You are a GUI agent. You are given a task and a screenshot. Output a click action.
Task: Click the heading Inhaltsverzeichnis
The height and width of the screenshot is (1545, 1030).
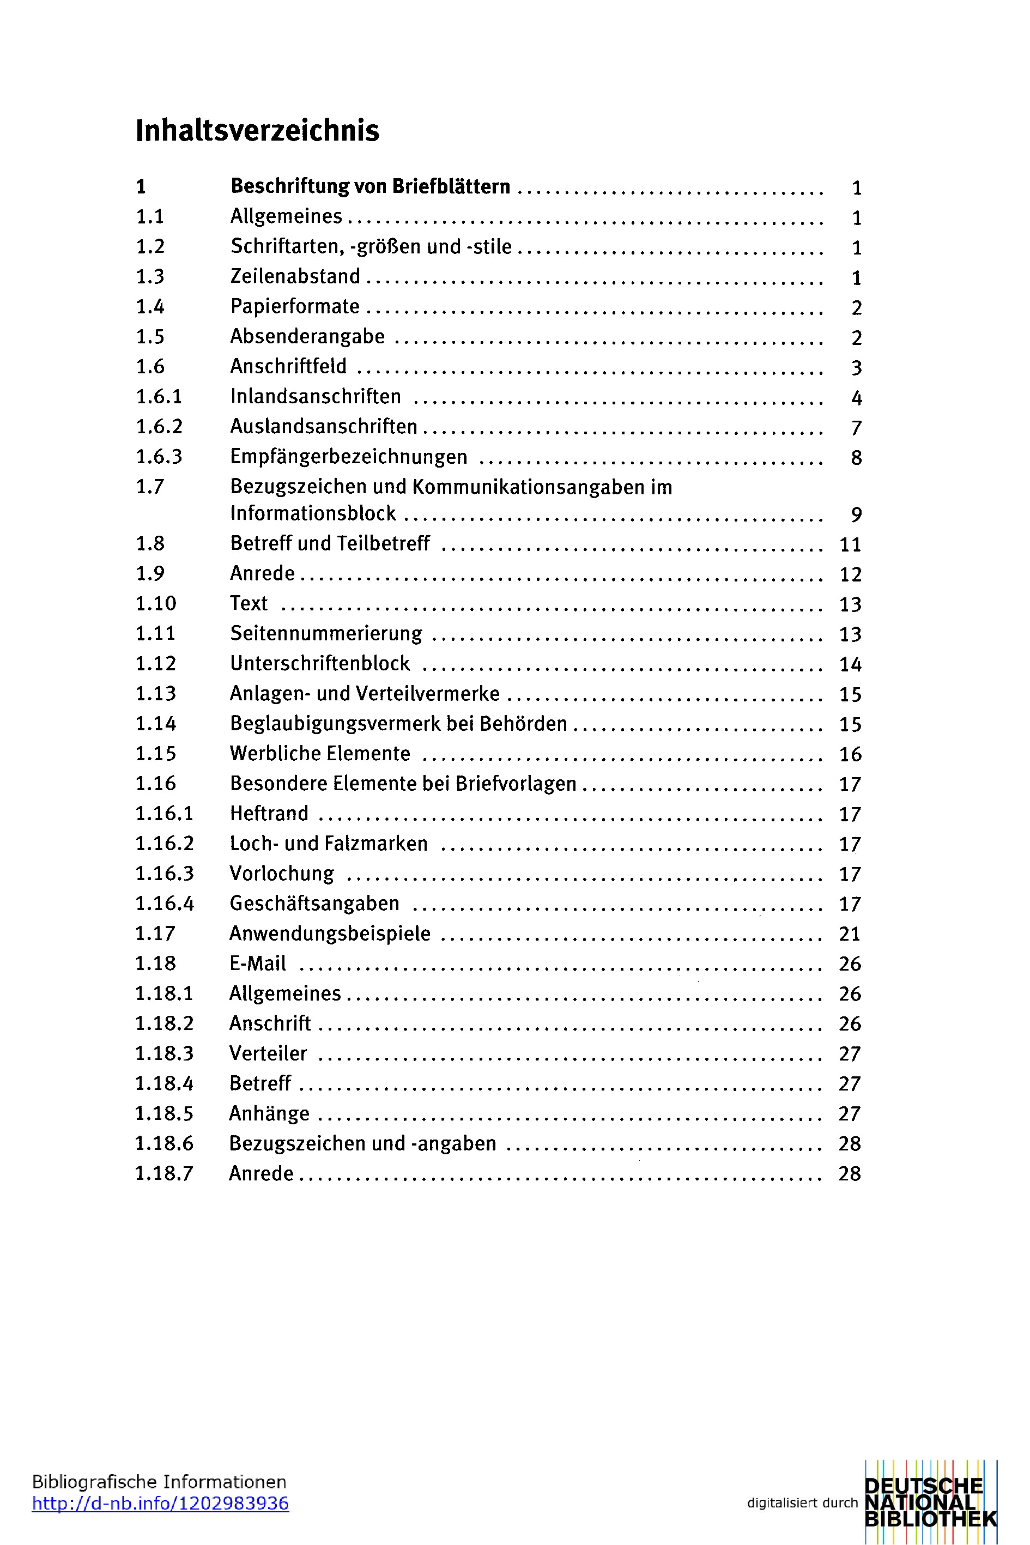pos(257,130)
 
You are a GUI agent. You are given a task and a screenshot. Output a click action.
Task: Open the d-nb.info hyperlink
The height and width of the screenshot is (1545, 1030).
pos(160,1503)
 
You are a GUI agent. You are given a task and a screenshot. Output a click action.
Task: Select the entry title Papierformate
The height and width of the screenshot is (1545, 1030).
pos(295,306)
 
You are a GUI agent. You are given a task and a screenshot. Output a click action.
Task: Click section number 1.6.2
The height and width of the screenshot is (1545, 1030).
pos(159,426)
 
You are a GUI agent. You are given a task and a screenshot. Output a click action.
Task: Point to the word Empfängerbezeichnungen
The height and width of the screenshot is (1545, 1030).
pos(349,457)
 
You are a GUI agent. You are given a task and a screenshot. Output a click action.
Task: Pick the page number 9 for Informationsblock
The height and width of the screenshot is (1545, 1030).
pos(856,514)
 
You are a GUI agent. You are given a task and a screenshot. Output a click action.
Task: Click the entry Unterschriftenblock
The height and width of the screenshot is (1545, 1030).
pos(320,663)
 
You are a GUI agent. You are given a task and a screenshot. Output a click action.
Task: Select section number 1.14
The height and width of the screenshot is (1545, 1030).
pos(156,724)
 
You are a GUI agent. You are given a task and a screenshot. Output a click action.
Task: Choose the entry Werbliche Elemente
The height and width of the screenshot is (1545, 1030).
pos(320,754)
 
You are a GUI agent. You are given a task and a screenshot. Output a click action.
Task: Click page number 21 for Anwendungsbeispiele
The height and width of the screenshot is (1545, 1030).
pos(850,934)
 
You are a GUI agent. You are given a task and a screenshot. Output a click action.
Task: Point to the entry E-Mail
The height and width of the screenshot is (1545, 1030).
pos(257,964)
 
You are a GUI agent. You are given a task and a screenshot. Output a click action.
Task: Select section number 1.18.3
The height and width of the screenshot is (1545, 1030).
pos(164,1053)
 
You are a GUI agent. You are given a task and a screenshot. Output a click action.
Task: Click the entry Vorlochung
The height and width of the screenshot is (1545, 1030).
pos(282,874)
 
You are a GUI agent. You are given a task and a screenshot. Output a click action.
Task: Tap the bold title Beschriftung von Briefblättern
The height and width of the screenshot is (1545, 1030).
pos(370,186)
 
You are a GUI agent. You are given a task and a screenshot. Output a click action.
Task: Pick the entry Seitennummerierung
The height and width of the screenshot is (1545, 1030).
pos(326,633)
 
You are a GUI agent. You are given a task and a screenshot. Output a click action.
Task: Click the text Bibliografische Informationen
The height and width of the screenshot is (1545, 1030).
pos(159,1482)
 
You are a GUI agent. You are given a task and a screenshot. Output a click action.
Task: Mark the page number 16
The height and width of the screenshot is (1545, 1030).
pos(850,754)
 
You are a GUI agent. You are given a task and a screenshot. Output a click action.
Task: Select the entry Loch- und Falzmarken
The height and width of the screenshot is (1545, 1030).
pos(329,844)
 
